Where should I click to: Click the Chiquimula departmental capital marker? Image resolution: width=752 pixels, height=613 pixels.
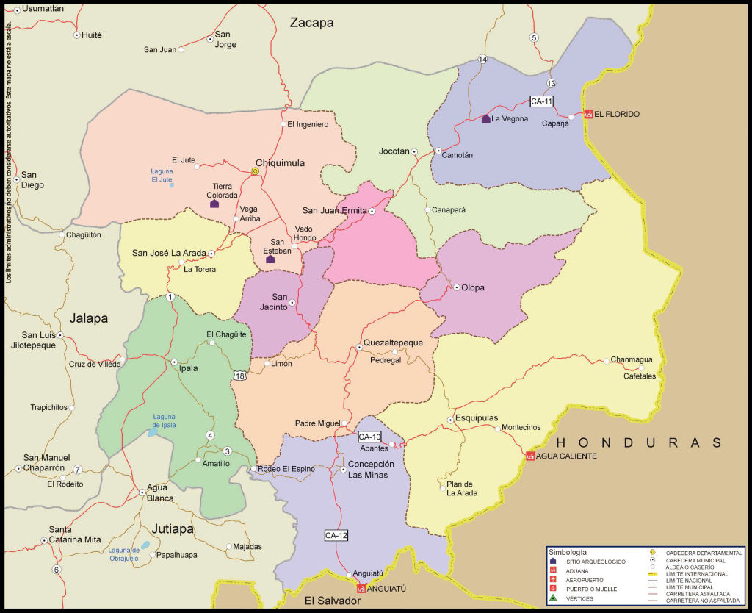pos(255,171)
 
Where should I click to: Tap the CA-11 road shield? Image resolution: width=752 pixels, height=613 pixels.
pos(541,101)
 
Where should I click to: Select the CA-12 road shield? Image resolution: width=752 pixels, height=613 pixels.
pos(336,535)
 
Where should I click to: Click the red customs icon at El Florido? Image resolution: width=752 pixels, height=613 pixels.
pos(587,114)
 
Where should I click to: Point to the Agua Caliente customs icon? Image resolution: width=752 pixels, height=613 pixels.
pos(530,456)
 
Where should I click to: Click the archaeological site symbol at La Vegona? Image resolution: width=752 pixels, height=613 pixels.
pos(485,118)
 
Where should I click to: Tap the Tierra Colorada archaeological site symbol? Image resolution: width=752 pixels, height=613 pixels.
pos(214,203)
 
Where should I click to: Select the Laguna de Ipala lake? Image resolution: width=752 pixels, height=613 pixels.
pos(153,432)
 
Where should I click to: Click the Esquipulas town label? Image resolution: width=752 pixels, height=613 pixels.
pos(477,418)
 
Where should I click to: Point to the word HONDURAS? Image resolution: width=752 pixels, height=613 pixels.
pos(639,442)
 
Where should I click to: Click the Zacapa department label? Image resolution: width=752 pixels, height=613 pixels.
pos(311,23)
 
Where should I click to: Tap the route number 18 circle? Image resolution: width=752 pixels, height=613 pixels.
pos(240,376)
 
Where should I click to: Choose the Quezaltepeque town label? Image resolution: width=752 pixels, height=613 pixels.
pos(393,343)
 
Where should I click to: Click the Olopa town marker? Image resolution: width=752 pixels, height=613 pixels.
pos(455,287)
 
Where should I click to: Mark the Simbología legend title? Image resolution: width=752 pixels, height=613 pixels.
pos(567,551)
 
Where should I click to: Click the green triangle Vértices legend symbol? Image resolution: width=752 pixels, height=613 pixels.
pos(552,598)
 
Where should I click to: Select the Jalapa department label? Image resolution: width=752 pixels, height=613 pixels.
pos(89,318)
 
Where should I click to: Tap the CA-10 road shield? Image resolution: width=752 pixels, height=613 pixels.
pos(369,437)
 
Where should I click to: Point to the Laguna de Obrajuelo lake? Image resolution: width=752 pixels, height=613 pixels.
pos(145,545)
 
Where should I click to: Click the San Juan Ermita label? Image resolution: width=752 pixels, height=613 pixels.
pos(334,211)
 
